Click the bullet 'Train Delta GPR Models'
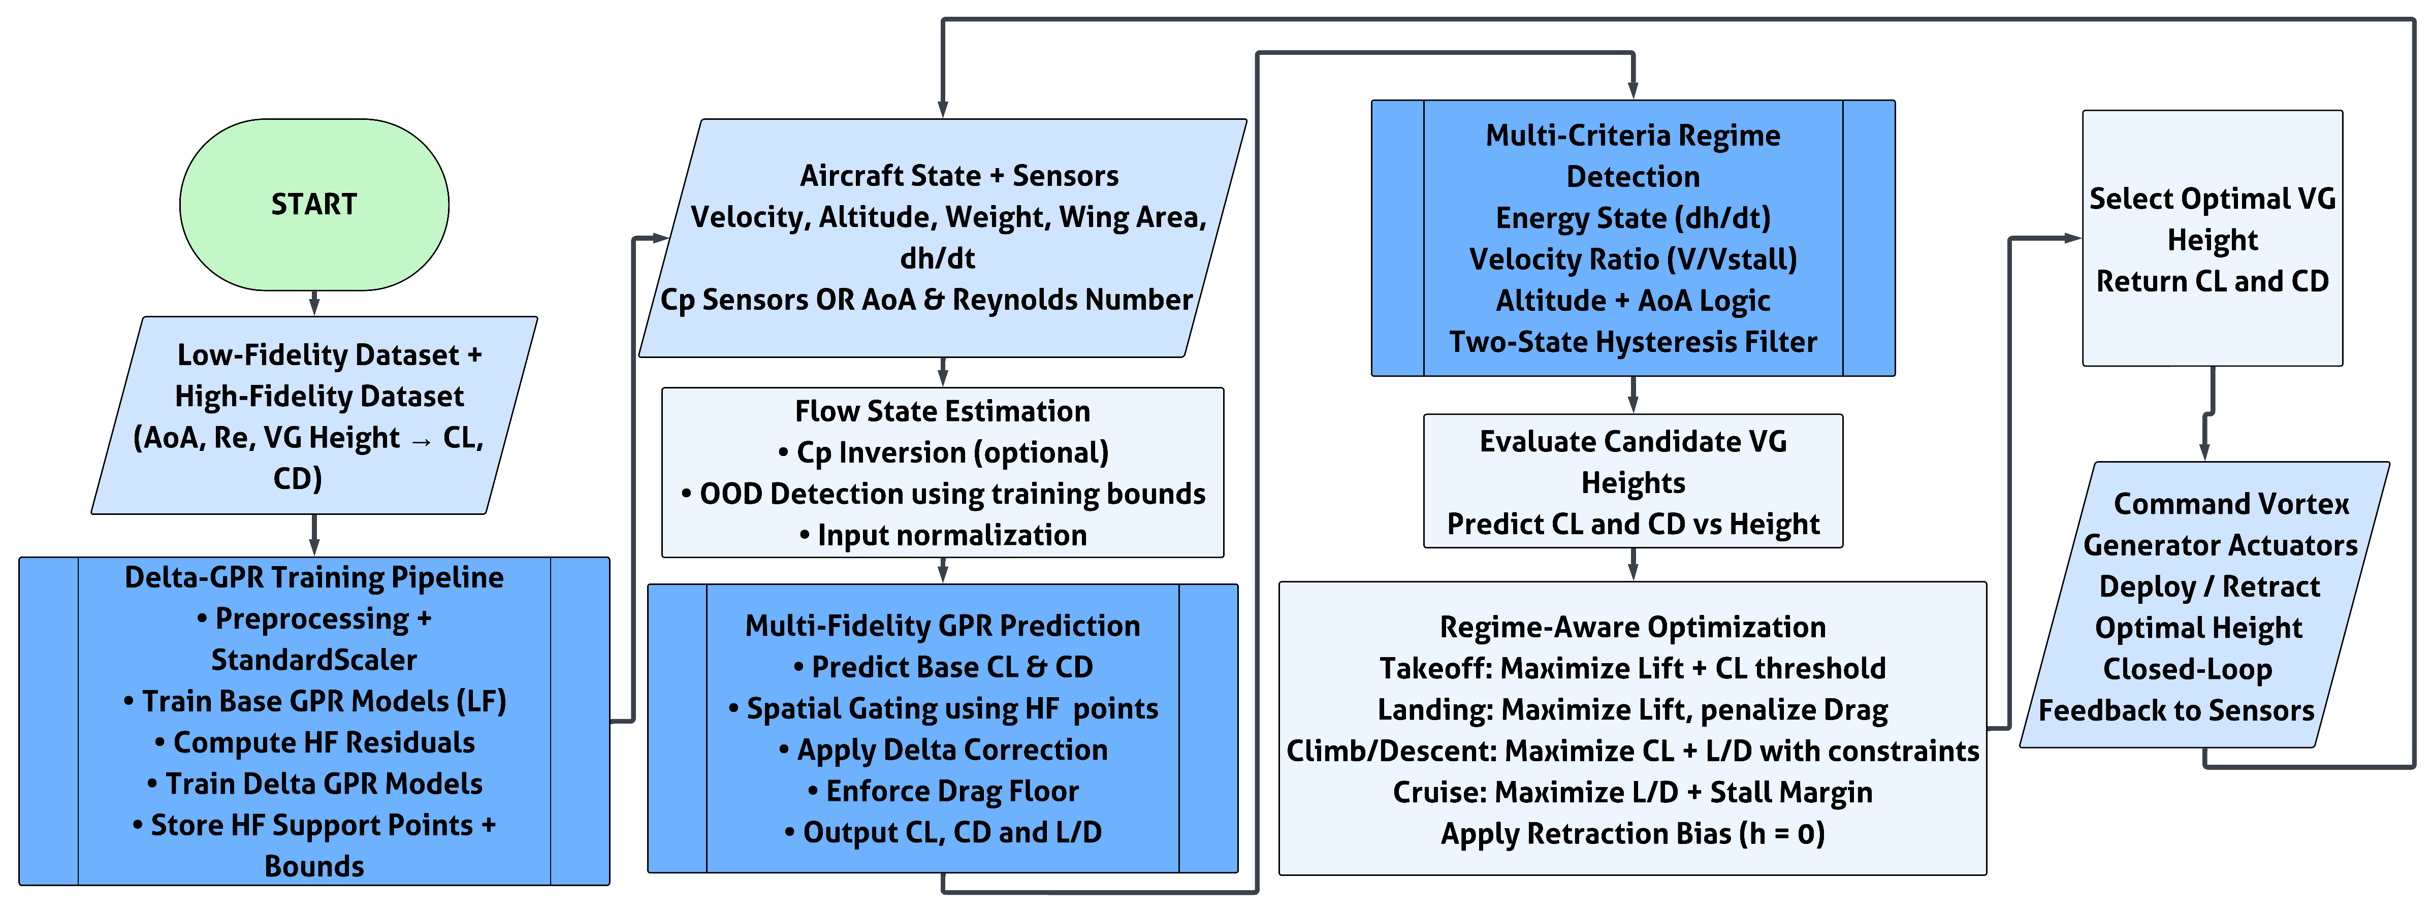(x=314, y=784)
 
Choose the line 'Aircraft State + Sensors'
(x=958, y=176)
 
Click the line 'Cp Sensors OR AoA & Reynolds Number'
(x=925, y=299)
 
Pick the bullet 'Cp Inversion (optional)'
(x=943, y=452)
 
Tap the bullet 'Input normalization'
(x=943, y=535)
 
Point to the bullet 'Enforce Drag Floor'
(x=943, y=791)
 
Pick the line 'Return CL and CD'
(x=2212, y=281)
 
